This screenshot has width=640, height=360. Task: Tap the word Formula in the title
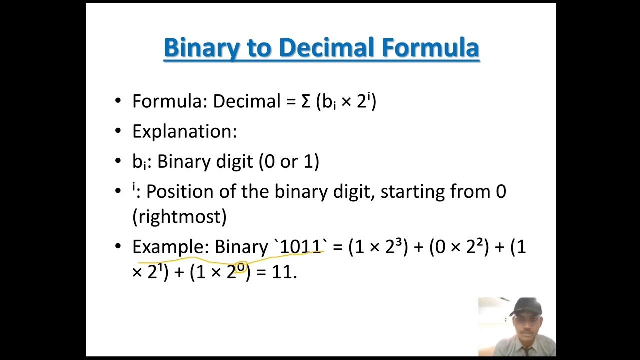430,48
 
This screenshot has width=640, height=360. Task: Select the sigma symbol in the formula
306,101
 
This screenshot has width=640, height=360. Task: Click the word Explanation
184,132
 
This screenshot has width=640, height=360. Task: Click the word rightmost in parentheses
179,217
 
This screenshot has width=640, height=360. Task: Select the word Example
169,247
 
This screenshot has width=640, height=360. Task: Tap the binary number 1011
300,247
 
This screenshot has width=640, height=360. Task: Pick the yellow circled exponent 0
241,267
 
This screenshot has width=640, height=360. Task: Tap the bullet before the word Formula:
118,101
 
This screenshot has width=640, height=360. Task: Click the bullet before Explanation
118,131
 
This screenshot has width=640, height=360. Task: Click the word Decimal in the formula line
247,101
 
